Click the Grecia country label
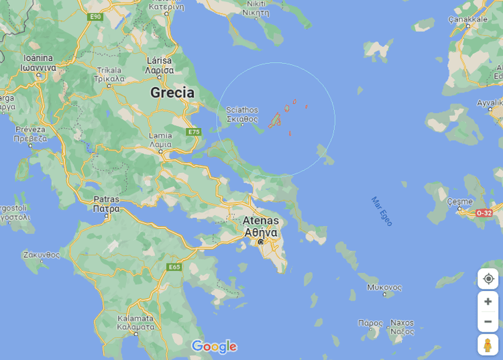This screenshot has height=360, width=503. point(172,93)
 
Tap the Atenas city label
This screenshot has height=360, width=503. point(260,226)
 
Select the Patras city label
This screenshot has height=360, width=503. point(106,204)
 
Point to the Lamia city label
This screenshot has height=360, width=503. point(160,140)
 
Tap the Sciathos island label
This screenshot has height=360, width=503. point(242,115)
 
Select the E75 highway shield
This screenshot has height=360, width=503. point(194,132)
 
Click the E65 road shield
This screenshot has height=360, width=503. point(174,267)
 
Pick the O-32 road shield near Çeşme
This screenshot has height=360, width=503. point(484,213)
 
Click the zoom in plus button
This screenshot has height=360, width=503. point(488,301)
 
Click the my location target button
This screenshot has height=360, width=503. point(488,278)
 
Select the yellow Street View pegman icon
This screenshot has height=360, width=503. point(488,345)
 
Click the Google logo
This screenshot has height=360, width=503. point(214,346)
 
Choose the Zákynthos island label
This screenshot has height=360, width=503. point(42,255)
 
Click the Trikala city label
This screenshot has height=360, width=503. point(110,74)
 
